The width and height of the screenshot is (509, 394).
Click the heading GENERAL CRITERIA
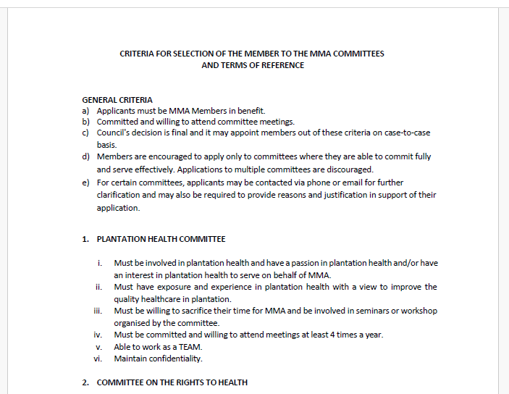[117, 100]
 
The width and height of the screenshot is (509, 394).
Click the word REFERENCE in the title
[279, 65]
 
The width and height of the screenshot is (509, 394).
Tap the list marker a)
[85, 111]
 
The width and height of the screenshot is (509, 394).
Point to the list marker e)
[85, 183]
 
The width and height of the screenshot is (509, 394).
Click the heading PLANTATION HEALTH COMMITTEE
[161, 239]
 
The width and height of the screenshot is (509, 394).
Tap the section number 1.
[85, 239]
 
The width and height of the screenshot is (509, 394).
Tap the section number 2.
[85, 382]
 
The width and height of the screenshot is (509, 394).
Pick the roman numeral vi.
[98, 359]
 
